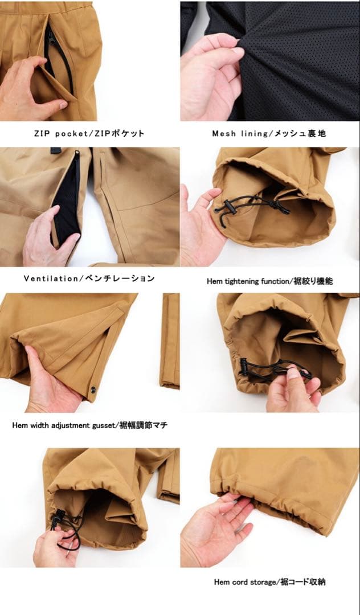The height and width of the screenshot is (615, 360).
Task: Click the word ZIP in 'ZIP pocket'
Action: (42, 134)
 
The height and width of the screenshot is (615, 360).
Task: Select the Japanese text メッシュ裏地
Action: (300, 134)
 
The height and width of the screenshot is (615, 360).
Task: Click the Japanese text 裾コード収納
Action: (306, 582)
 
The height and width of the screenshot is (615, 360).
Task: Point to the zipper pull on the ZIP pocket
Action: (50, 39)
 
